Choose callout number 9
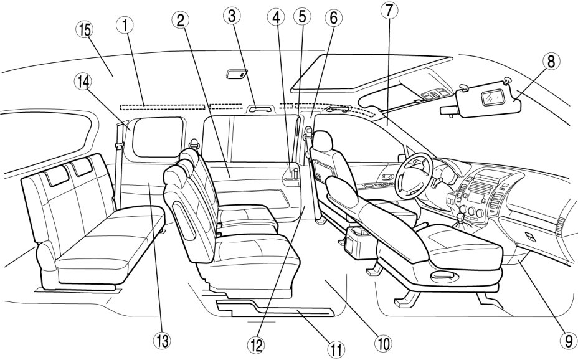point(566,340)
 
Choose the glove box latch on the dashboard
point(529,237)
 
